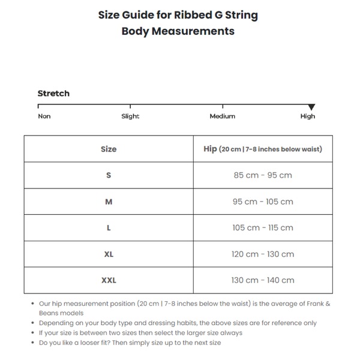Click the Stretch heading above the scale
point(53,94)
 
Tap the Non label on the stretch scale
point(44,116)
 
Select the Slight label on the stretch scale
point(130,116)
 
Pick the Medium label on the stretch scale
point(222,116)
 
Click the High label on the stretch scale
point(307,116)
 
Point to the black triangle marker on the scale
point(311,107)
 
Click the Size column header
point(109,149)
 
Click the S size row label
point(109,175)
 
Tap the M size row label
point(109,202)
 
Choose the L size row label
point(109,228)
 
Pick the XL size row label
point(109,254)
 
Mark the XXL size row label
point(109,280)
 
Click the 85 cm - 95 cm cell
point(263,175)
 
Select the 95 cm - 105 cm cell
point(263,202)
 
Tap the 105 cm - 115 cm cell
point(263,228)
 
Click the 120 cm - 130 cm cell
point(263,254)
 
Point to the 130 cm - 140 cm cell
point(263,280)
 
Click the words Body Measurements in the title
point(178,31)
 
